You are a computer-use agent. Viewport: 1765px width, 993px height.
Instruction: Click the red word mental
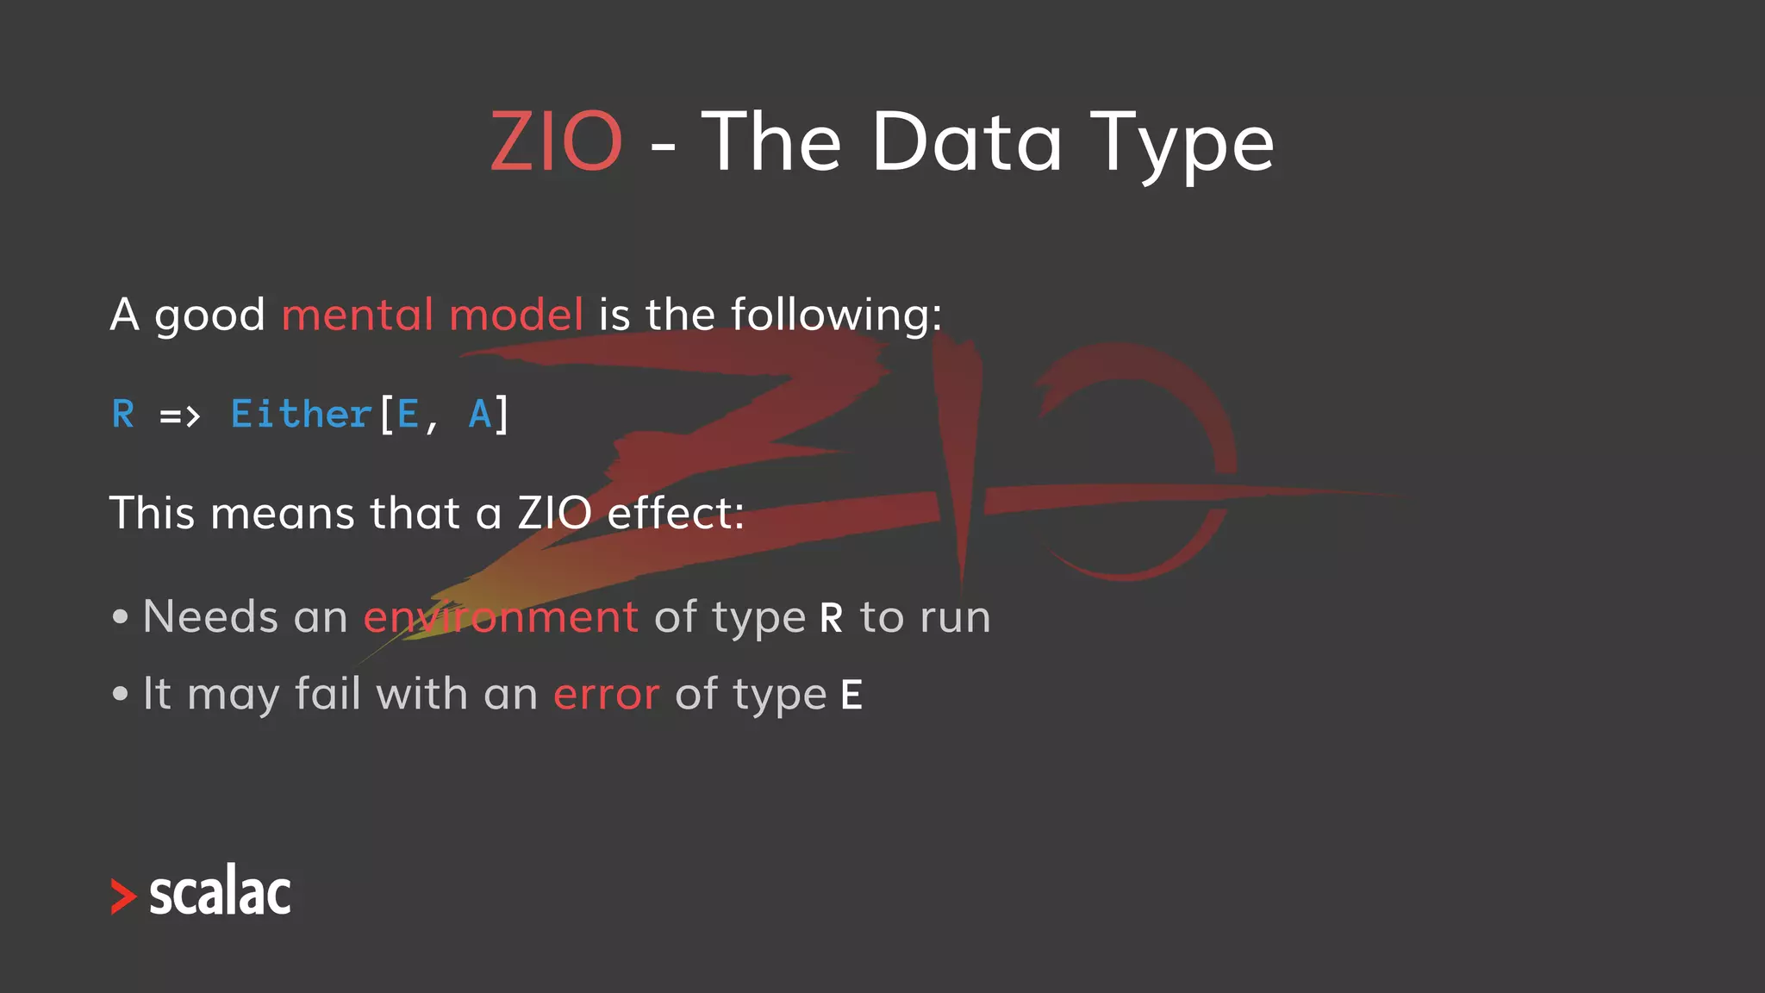coord(358,315)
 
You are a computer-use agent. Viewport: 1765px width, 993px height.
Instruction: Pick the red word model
coord(516,315)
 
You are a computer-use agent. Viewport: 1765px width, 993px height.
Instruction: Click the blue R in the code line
coord(123,415)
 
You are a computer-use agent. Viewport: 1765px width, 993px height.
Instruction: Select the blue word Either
coord(301,415)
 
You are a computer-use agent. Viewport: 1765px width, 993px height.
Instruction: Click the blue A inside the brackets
coord(480,415)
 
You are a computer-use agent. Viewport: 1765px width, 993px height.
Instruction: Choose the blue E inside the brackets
coord(408,415)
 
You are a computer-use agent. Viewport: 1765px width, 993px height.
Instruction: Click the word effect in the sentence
coord(675,514)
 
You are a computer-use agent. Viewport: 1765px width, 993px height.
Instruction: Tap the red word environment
coord(501,617)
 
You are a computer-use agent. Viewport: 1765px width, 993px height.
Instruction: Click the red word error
coord(606,695)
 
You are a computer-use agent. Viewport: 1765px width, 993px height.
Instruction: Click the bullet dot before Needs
coord(121,617)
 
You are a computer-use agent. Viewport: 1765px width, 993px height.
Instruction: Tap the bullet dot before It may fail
coord(121,694)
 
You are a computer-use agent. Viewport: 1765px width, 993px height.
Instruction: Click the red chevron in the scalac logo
coord(123,896)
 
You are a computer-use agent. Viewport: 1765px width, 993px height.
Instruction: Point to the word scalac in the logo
coord(220,892)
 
